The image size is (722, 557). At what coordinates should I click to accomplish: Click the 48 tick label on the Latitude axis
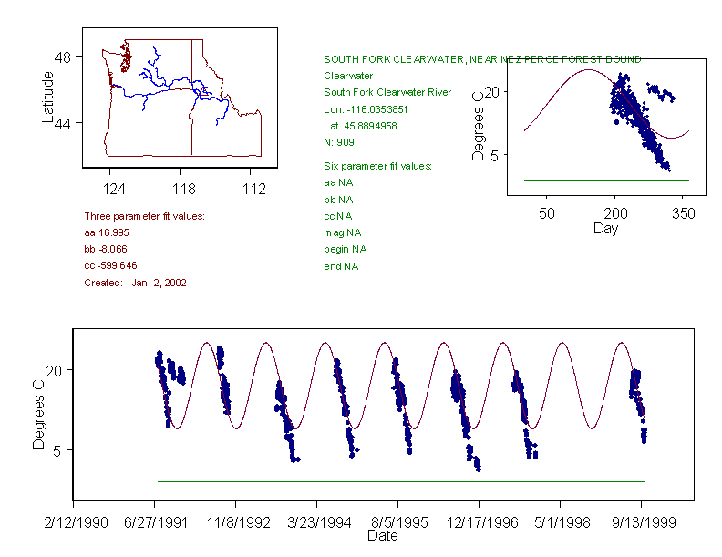pyautogui.click(x=63, y=57)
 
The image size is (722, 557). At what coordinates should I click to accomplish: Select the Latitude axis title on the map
pyautogui.click(x=48, y=97)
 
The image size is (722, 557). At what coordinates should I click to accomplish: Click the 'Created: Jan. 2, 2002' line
pyautogui.click(x=136, y=283)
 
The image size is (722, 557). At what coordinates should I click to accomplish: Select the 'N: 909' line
pyautogui.click(x=341, y=141)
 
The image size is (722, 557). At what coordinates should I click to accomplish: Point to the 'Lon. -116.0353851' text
pyautogui.click(x=369, y=108)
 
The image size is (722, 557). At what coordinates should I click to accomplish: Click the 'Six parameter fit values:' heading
pyautogui.click(x=377, y=166)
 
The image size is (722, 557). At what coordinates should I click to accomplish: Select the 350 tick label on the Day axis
pyautogui.click(x=684, y=213)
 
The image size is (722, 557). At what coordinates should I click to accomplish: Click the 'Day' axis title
pyautogui.click(x=605, y=228)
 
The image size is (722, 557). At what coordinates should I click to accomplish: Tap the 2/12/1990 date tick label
pyautogui.click(x=74, y=523)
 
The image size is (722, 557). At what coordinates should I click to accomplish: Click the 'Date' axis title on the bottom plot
pyautogui.click(x=382, y=536)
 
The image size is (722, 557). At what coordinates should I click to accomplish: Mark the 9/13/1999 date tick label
pyautogui.click(x=641, y=523)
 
